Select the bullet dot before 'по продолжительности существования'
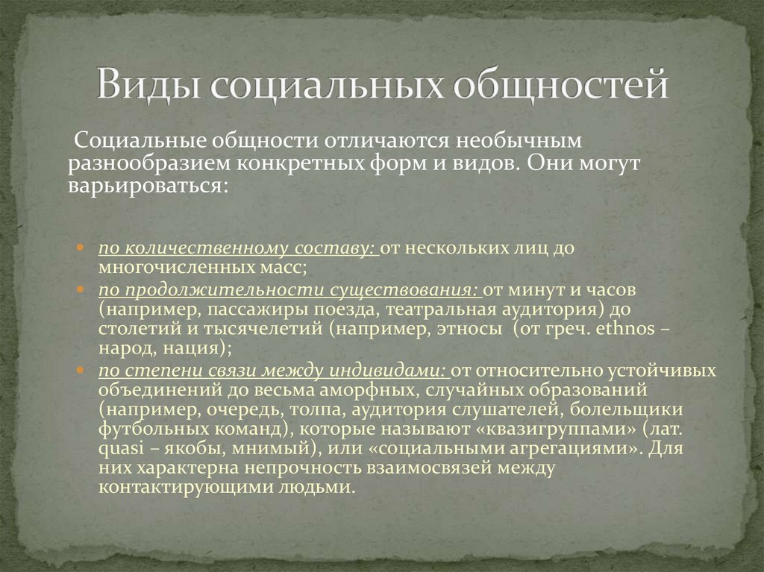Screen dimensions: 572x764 (x=81, y=289)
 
